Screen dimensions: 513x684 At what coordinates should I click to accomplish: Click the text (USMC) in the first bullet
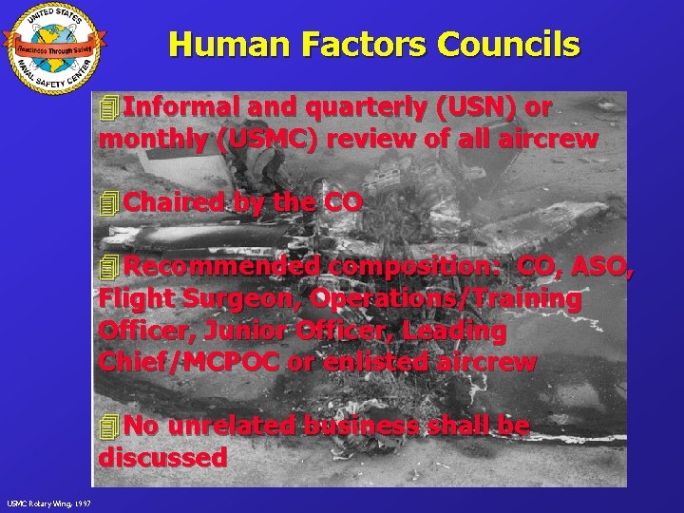268,139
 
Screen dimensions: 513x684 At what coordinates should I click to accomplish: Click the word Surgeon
246,298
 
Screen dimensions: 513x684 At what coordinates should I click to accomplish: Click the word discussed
162,457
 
